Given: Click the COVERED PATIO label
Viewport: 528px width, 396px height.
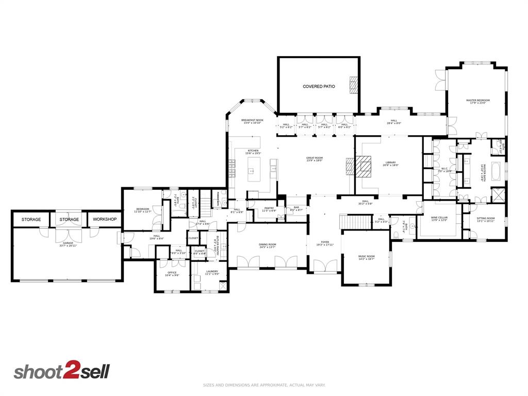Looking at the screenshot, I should pyautogui.click(x=318, y=87).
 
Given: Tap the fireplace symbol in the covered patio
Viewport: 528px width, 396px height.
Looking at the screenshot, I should pyautogui.click(x=353, y=84).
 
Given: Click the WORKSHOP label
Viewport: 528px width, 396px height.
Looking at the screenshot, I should pyautogui.click(x=105, y=219).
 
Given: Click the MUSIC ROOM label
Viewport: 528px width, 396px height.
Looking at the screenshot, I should pyautogui.click(x=367, y=257).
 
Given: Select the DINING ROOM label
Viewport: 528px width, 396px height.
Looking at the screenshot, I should pyautogui.click(x=268, y=245).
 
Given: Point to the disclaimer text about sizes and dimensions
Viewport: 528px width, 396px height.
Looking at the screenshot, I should pyautogui.click(x=264, y=385).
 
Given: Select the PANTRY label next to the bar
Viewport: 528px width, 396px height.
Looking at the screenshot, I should pyautogui.click(x=269, y=209).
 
